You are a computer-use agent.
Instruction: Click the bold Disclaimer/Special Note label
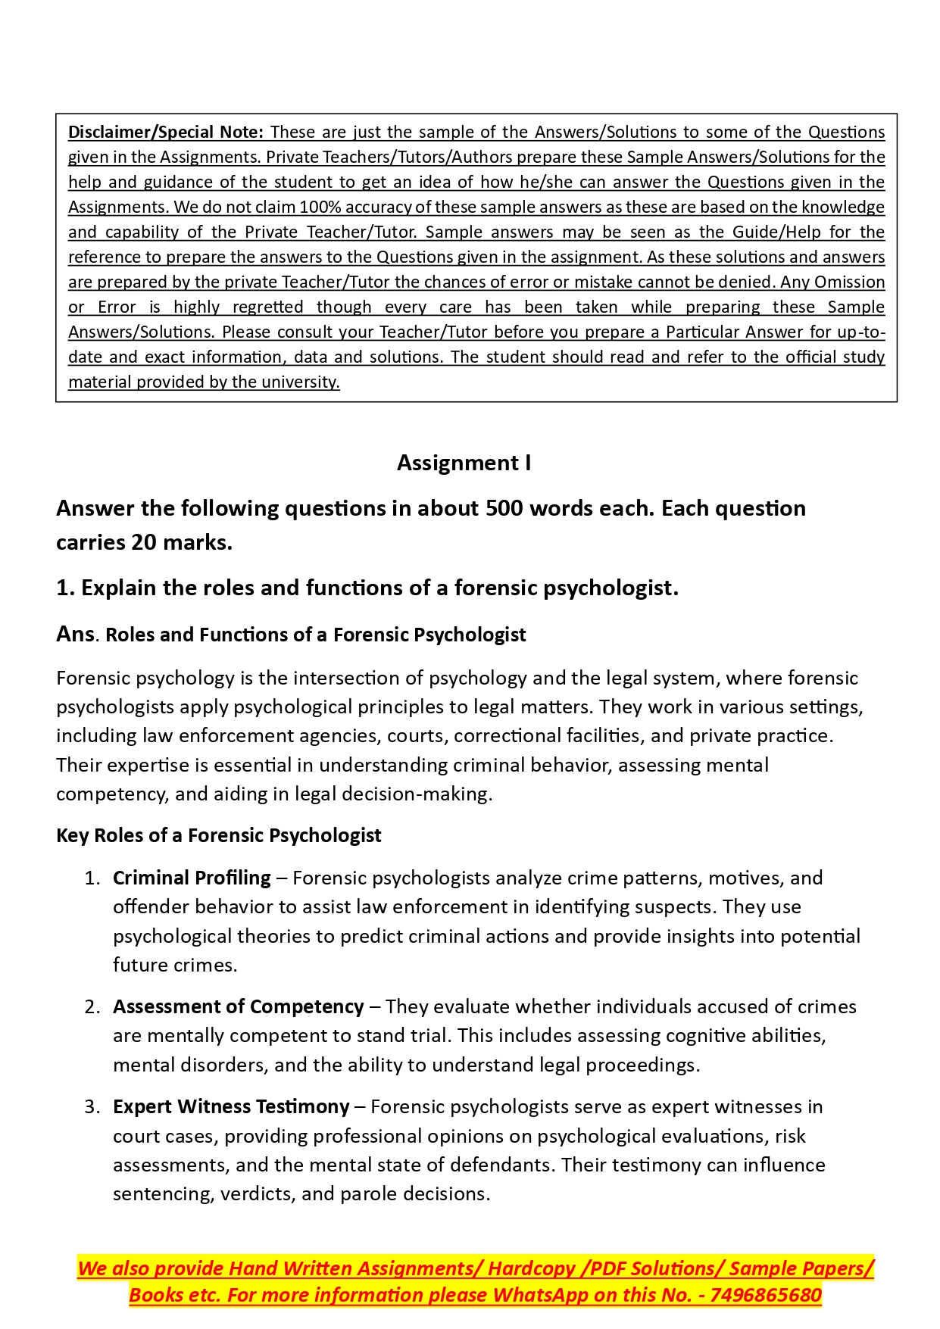[x=165, y=132]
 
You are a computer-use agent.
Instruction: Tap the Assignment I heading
[x=464, y=463]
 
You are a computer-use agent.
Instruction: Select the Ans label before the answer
[x=75, y=634]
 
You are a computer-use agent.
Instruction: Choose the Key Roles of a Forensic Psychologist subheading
[x=218, y=835]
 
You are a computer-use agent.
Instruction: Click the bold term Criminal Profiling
[x=192, y=878]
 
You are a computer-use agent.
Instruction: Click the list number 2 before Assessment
[x=92, y=1006]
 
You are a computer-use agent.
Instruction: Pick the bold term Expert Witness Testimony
[x=231, y=1106]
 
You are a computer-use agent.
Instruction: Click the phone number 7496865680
[x=766, y=1295]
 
